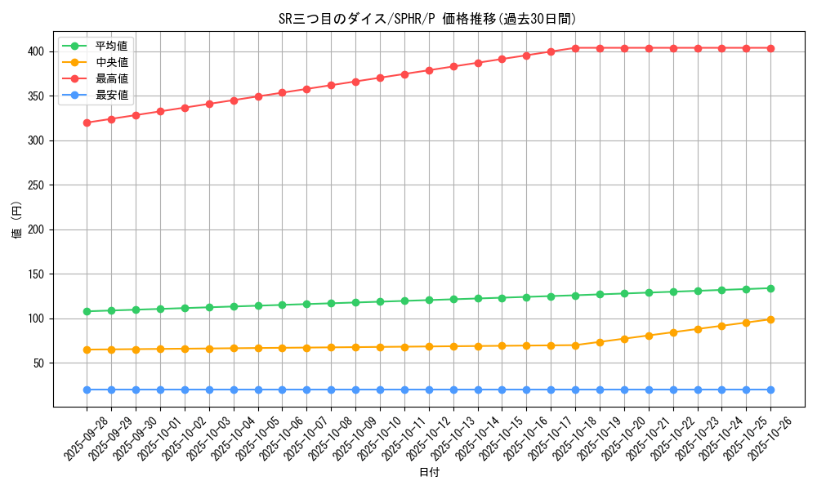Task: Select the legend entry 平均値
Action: tap(111, 46)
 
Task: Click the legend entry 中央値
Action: tap(111, 62)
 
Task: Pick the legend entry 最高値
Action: tap(111, 78)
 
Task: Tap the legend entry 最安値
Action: tap(111, 95)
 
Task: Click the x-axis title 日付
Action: tap(429, 473)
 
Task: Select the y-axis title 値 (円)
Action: tap(17, 220)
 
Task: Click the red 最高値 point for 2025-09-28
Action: tap(87, 122)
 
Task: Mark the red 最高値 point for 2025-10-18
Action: tap(575, 48)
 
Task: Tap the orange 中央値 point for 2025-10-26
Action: tap(770, 319)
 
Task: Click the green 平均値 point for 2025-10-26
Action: tap(770, 288)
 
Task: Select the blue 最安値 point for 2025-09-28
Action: tap(87, 390)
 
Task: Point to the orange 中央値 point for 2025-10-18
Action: tap(575, 345)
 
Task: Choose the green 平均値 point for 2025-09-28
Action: tap(87, 311)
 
